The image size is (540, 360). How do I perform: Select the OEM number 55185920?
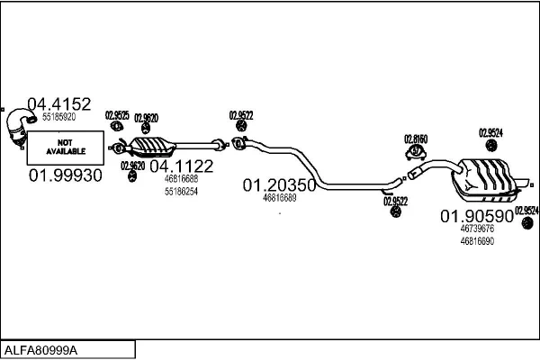coord(58,117)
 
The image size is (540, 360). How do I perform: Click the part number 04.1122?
coord(181,166)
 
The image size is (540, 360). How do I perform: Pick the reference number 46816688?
coord(180,179)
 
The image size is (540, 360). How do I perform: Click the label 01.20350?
coord(278,185)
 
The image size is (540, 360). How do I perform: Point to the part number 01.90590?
coord(476,216)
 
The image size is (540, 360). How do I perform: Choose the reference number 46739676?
coord(477,229)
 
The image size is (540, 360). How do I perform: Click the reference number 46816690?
coord(477,241)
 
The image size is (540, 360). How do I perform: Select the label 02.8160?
coord(416,139)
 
